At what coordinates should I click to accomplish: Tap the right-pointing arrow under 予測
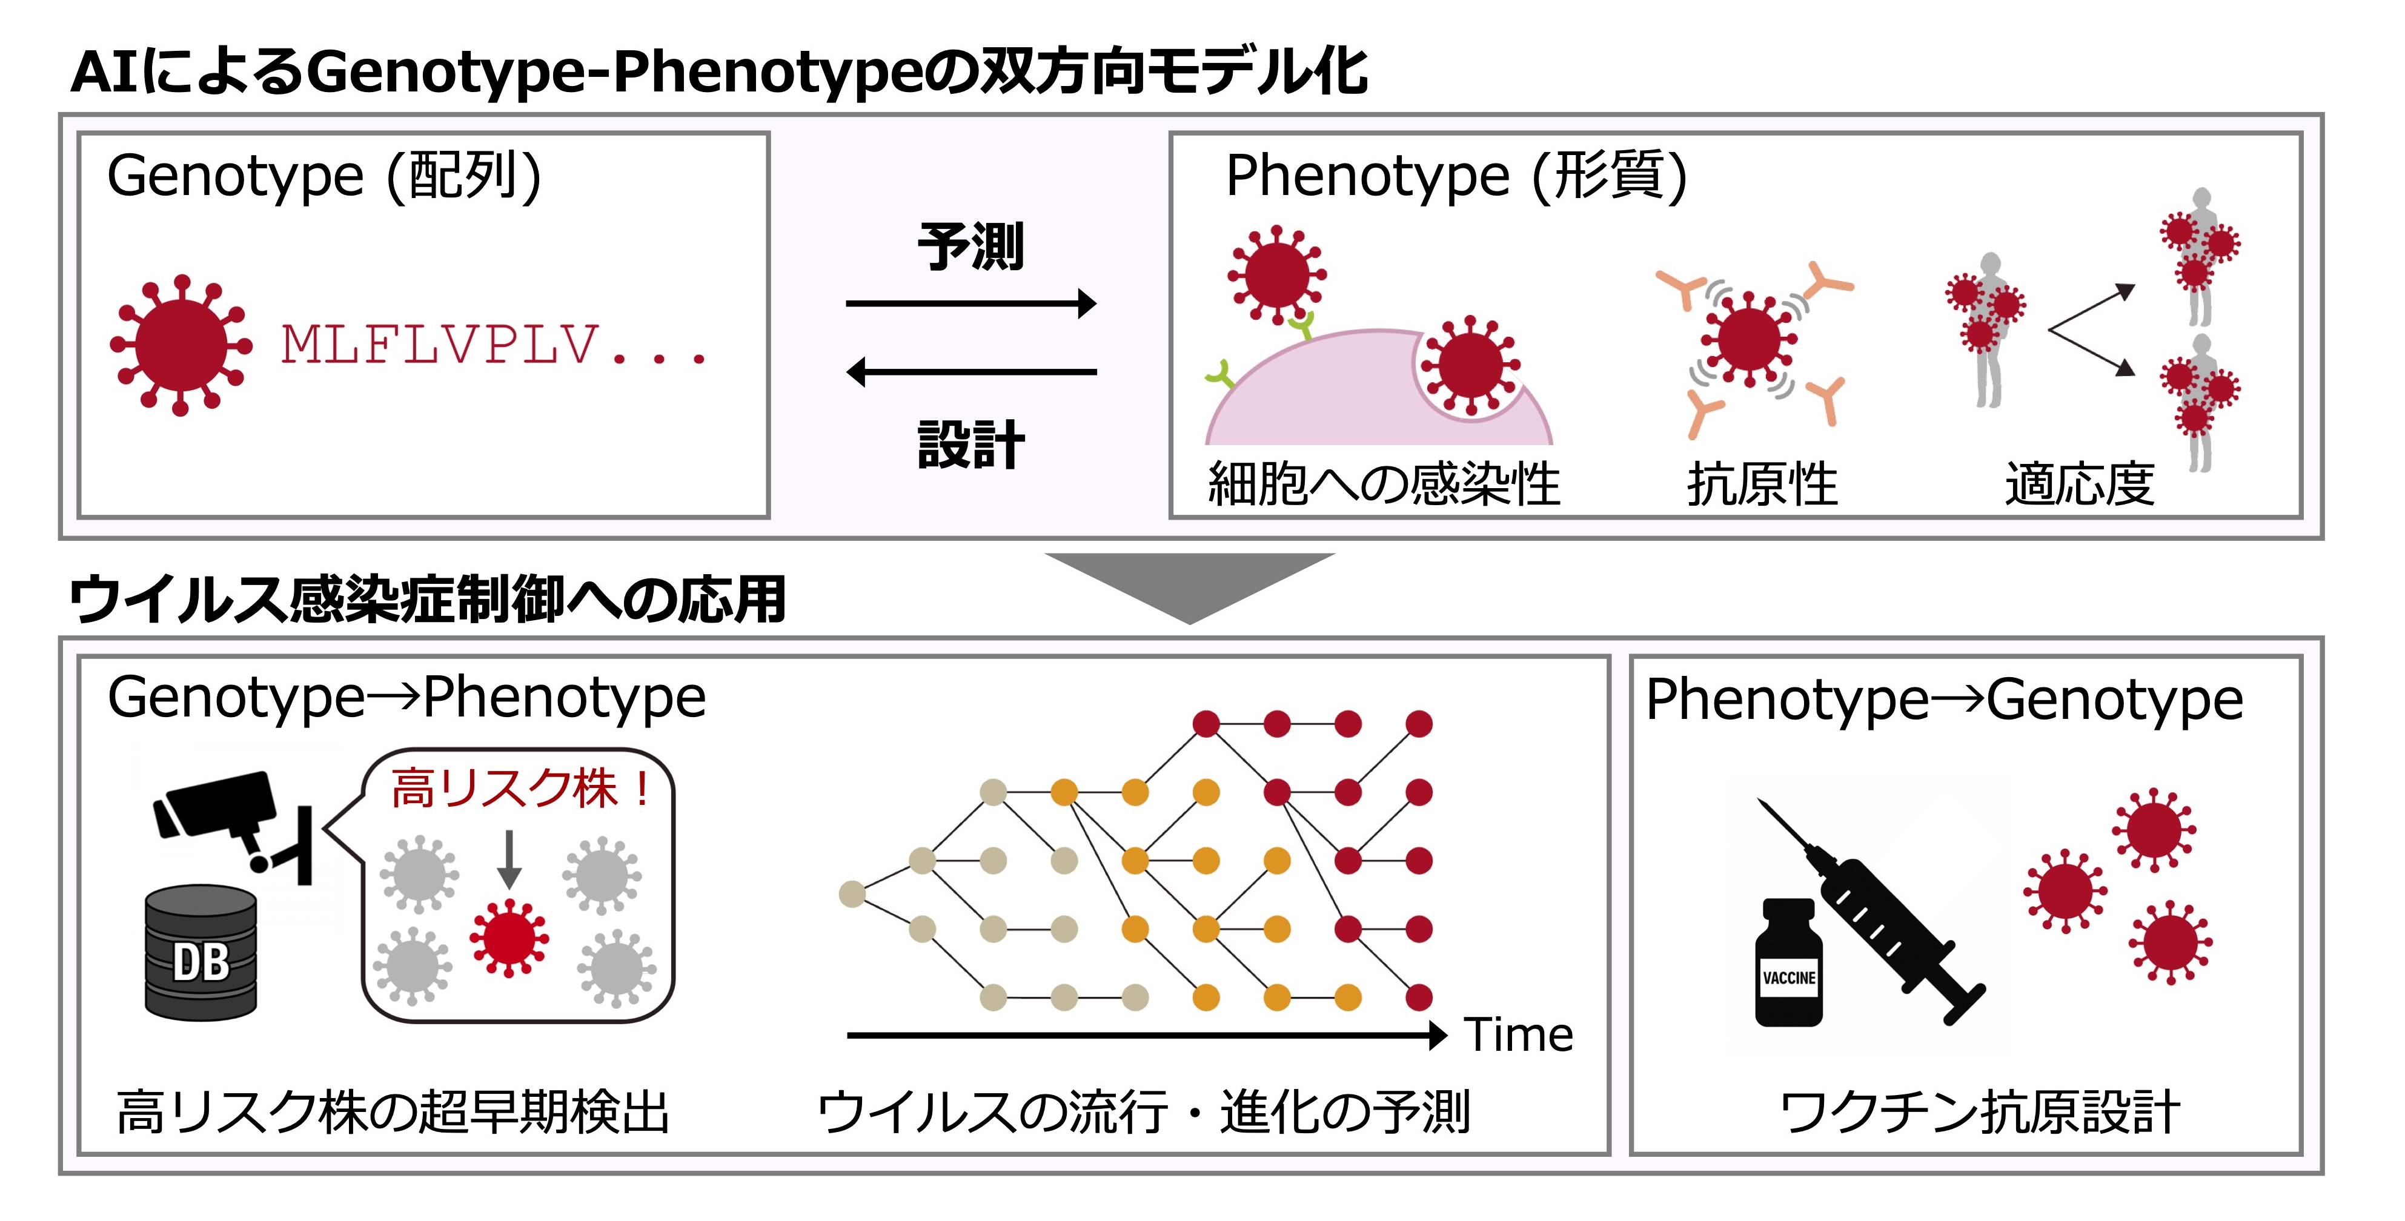(x=971, y=303)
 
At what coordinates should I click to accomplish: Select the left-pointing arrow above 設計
(x=971, y=371)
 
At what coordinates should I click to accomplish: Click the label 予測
(x=971, y=247)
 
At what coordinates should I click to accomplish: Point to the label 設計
(x=971, y=445)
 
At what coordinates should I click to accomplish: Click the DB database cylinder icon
(x=201, y=952)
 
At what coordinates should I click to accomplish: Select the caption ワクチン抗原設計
(x=1979, y=1113)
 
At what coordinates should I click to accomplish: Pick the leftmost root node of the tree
(x=852, y=895)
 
